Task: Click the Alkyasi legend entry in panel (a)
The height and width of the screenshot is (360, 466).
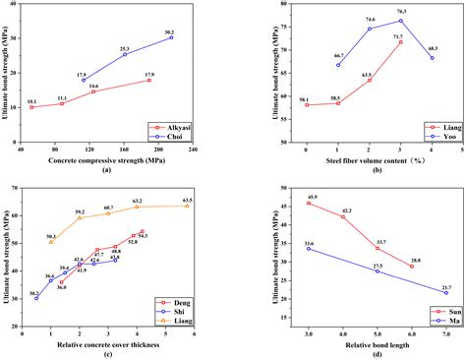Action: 178,126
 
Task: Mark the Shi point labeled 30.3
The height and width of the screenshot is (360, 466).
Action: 36,297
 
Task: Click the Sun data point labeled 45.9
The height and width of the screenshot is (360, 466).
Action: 308,203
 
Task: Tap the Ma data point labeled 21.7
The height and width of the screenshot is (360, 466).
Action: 445,292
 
